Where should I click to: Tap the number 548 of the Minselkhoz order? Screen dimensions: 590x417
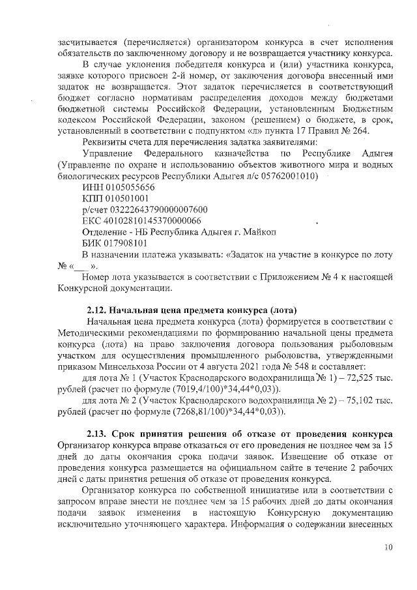[298, 366]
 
